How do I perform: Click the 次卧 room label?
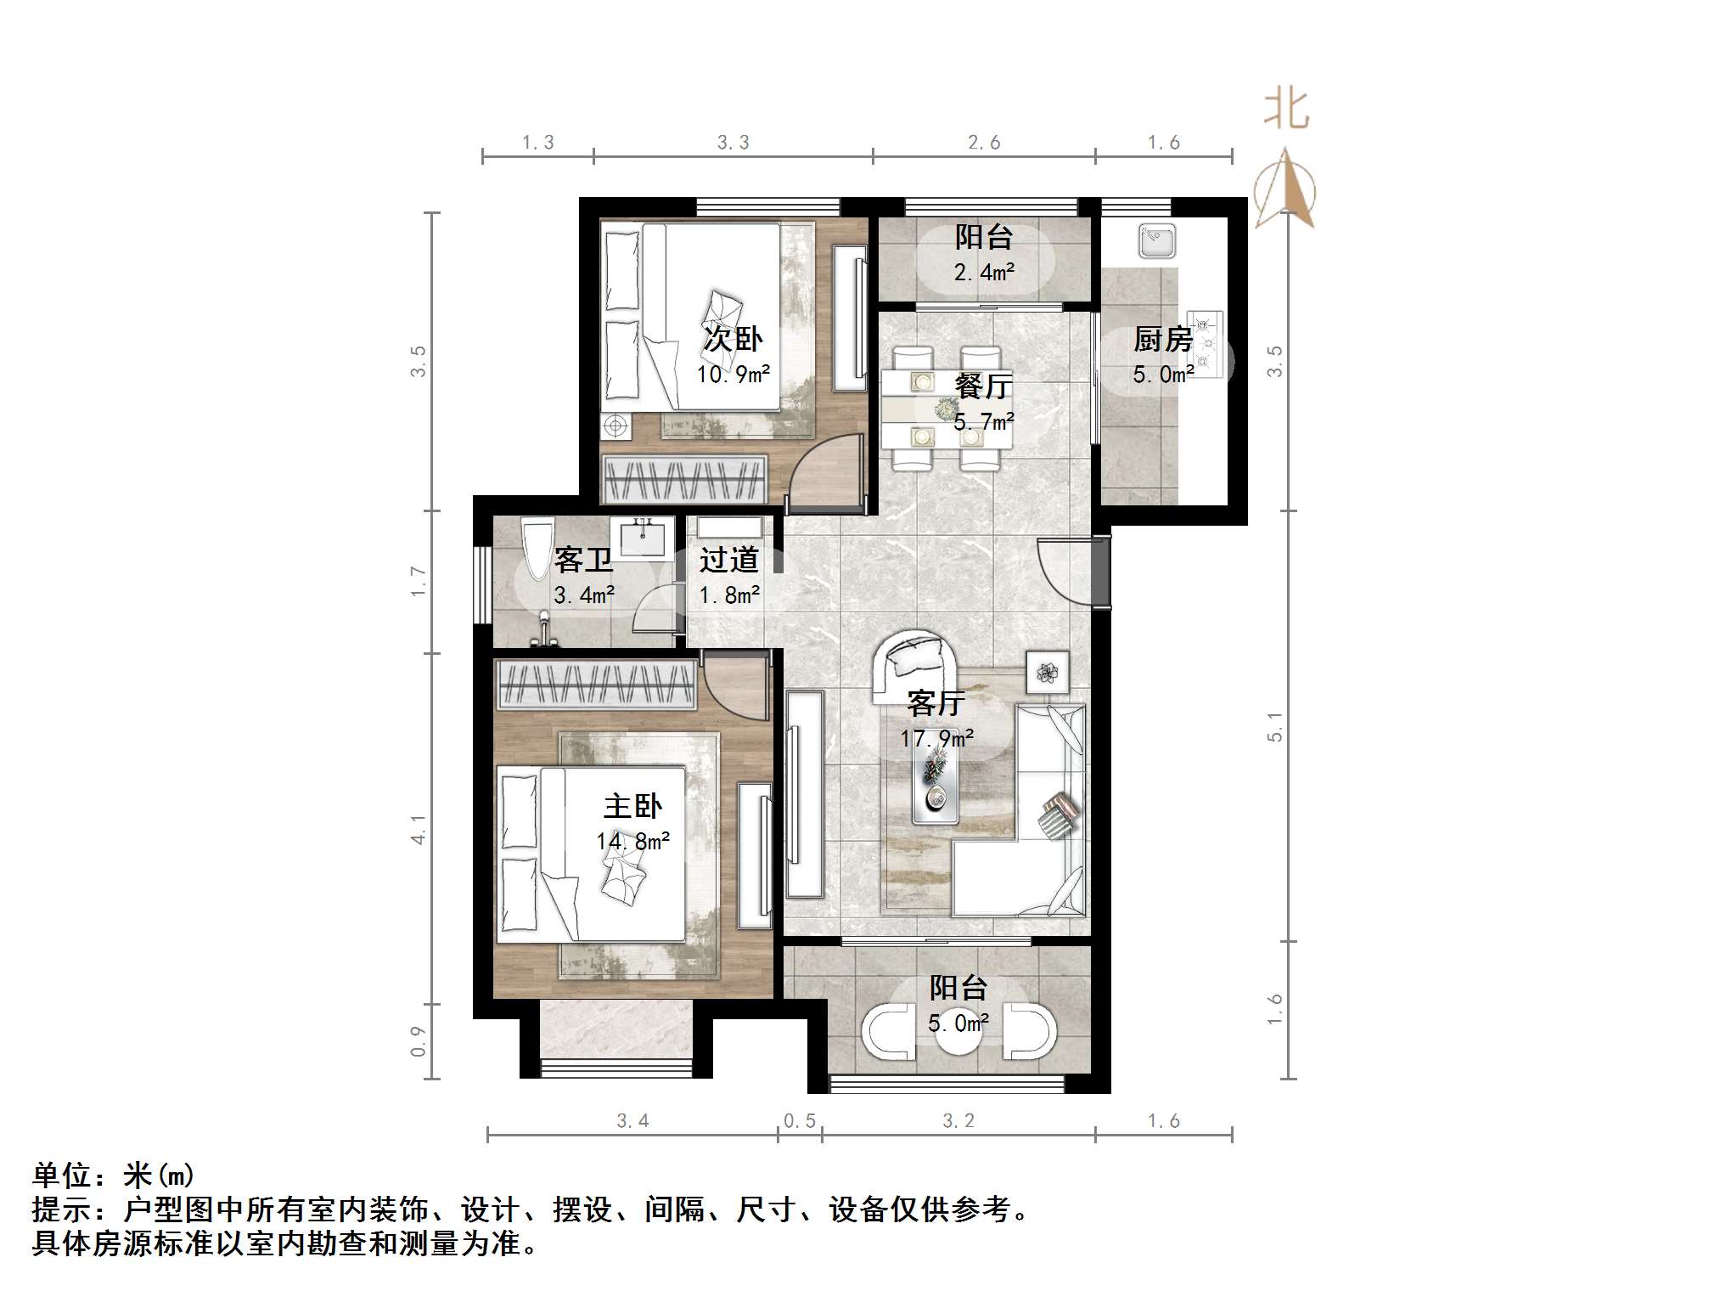(732, 340)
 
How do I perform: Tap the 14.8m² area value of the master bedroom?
(632, 842)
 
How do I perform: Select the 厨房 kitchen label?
(1162, 340)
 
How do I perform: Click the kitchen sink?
(1157, 241)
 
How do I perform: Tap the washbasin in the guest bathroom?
(642, 538)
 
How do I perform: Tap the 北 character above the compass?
(1285, 111)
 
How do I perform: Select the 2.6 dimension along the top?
(983, 143)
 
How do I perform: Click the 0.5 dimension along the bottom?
(799, 1121)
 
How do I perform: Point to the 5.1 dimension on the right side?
(1274, 727)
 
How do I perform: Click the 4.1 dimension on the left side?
(418, 829)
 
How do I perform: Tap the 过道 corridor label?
(728, 561)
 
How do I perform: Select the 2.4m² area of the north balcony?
(983, 273)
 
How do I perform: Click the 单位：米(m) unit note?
(114, 1175)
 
